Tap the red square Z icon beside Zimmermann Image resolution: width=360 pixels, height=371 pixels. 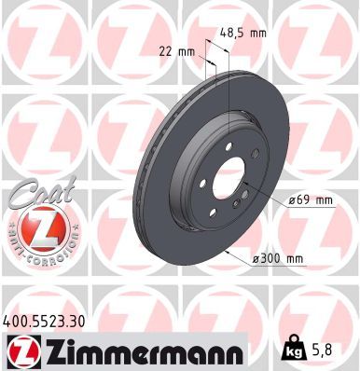coord(20,350)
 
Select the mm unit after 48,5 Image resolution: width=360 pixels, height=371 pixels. coord(257,33)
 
